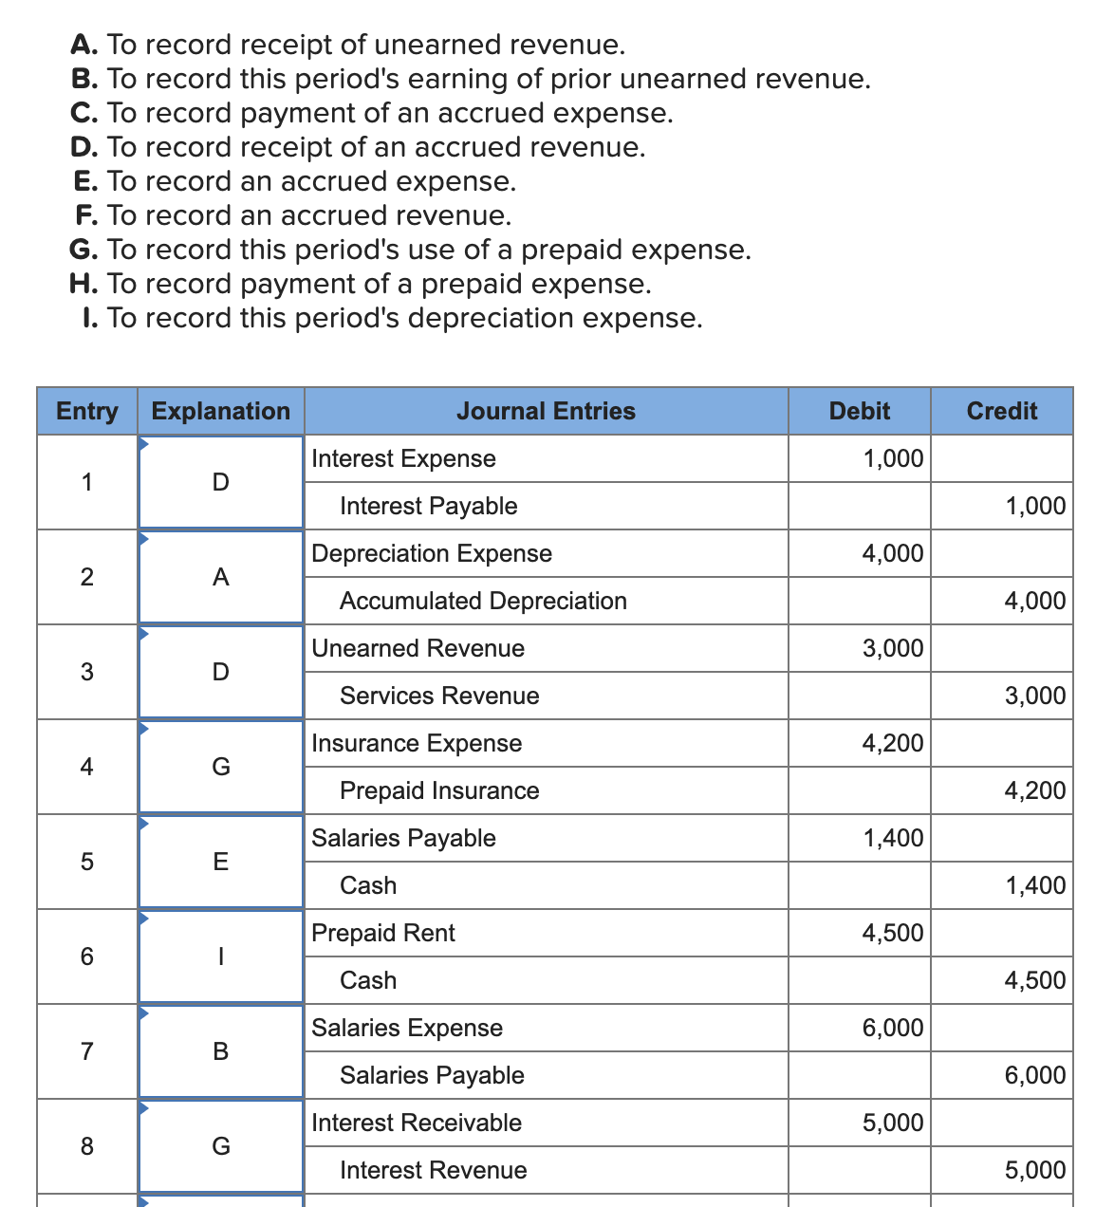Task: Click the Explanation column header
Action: click(x=220, y=411)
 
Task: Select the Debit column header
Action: click(x=859, y=411)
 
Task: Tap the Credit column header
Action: click(x=1001, y=411)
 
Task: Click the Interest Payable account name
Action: click(x=428, y=506)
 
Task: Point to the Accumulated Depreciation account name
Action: click(x=483, y=601)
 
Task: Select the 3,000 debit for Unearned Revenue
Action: click(x=892, y=648)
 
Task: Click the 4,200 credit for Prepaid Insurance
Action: click(x=1034, y=790)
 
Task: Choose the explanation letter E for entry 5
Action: click(x=220, y=862)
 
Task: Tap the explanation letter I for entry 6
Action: click(x=220, y=956)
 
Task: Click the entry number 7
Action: click(x=87, y=1051)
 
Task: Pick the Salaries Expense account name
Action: click(x=407, y=1028)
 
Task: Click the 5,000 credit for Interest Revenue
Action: click(x=1034, y=1170)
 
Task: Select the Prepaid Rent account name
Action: click(x=383, y=933)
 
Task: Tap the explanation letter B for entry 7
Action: click(x=220, y=1051)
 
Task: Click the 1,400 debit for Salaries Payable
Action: click(x=892, y=838)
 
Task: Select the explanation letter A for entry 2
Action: click(x=220, y=577)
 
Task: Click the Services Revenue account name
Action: click(x=439, y=696)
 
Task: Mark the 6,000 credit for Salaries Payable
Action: click(x=1034, y=1075)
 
